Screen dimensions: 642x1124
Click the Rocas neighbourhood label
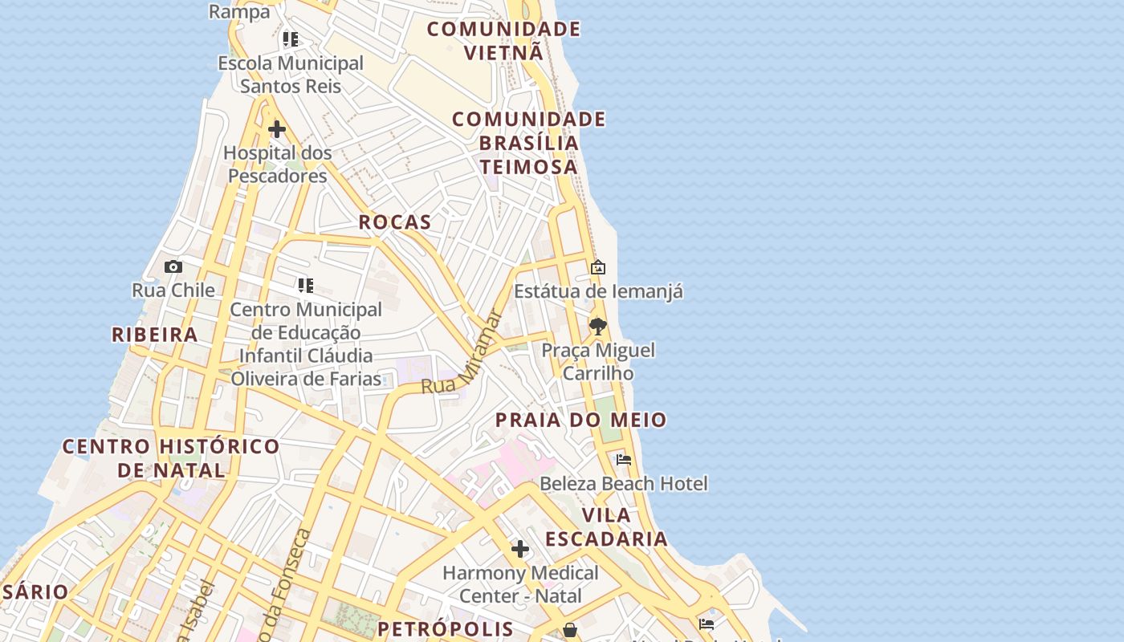click(x=394, y=222)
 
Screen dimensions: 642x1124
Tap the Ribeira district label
click(x=154, y=335)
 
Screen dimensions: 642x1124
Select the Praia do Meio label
click(x=580, y=420)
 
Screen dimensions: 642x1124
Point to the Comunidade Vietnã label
click(x=503, y=41)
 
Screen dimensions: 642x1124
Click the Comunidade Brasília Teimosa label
click(x=528, y=143)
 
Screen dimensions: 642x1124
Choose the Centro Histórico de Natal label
click(x=171, y=457)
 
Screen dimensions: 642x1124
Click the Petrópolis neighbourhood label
click(x=446, y=628)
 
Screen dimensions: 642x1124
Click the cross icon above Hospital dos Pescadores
click(x=277, y=129)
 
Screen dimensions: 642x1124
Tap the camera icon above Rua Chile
click(x=173, y=267)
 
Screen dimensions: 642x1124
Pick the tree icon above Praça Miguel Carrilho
click(x=597, y=327)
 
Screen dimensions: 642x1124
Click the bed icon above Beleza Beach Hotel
click(x=624, y=460)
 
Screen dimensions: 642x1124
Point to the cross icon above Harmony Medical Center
click(x=520, y=549)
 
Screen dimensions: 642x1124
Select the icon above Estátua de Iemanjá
click(x=598, y=267)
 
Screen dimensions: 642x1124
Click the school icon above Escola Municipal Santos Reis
click(x=291, y=39)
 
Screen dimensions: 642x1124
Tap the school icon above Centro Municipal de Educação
click(x=305, y=286)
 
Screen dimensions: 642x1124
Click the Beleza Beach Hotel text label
click(x=624, y=483)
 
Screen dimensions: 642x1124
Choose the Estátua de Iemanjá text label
click(x=598, y=291)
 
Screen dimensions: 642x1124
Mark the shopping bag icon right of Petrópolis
click(x=570, y=630)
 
